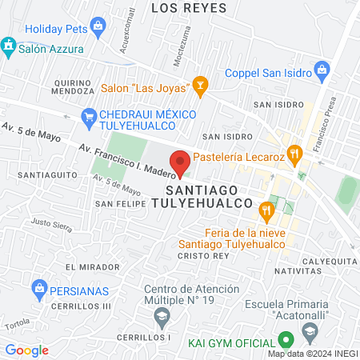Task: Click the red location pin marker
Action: click(x=180, y=162)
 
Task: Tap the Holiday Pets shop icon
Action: click(x=98, y=27)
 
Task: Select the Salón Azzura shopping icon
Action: click(x=9, y=45)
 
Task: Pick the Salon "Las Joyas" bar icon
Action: click(x=199, y=84)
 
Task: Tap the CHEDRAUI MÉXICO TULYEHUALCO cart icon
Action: click(x=90, y=115)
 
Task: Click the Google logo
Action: click(x=26, y=350)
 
